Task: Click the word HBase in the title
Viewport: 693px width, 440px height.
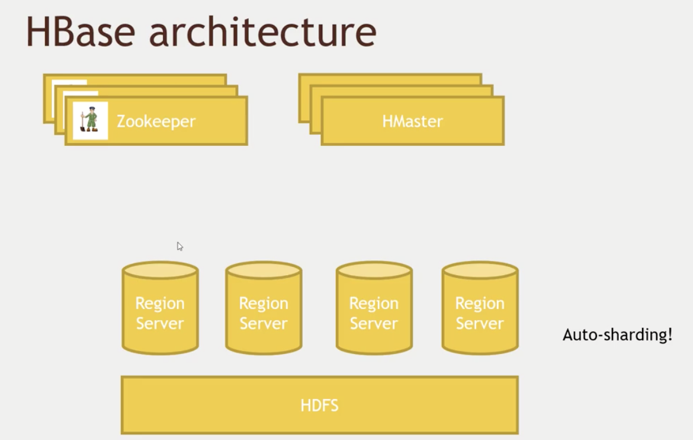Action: pos(81,31)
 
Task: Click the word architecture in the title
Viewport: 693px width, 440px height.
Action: pos(263,31)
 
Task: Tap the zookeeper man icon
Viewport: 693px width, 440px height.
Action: pos(90,120)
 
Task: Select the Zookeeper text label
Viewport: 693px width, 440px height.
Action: pos(156,121)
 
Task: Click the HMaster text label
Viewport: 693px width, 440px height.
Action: pos(412,122)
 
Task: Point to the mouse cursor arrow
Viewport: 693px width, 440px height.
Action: pos(179,246)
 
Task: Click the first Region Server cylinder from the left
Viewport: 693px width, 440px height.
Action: pos(160,308)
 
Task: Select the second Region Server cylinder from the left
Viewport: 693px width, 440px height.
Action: pos(264,308)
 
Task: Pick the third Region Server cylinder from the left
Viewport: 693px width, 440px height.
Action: pos(374,308)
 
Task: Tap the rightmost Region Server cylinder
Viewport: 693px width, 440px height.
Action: pos(480,308)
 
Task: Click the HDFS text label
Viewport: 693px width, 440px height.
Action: pos(319,406)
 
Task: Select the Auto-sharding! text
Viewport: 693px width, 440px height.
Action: pos(617,334)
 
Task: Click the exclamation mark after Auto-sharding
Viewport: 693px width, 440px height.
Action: pos(670,334)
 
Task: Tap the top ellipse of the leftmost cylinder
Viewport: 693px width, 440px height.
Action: pos(160,270)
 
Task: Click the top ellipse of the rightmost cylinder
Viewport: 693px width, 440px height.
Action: pos(480,270)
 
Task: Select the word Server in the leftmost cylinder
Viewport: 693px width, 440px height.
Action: pos(160,324)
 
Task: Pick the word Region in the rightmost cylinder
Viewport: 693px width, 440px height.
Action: pos(480,304)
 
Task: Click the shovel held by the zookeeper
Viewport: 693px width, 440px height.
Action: pos(83,122)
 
